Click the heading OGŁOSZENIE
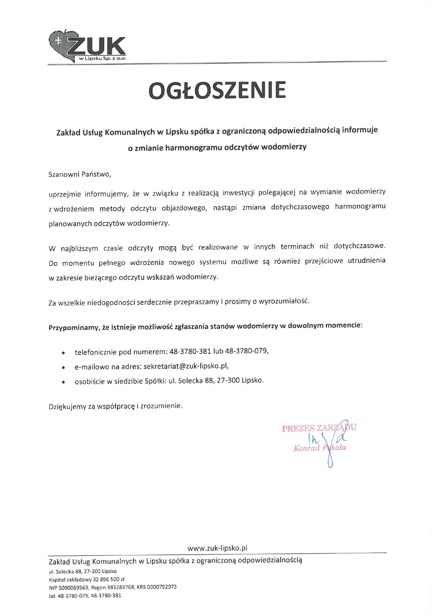click(217, 90)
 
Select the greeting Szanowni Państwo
click(80, 174)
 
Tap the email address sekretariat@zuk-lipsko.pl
click(186, 366)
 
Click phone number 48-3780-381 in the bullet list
click(190, 352)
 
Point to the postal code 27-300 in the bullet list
click(228, 381)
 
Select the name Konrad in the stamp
click(307, 448)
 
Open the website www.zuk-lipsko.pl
click(217, 548)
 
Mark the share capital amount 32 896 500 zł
click(109, 579)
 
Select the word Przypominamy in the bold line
click(74, 328)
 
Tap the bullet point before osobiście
click(63, 382)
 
